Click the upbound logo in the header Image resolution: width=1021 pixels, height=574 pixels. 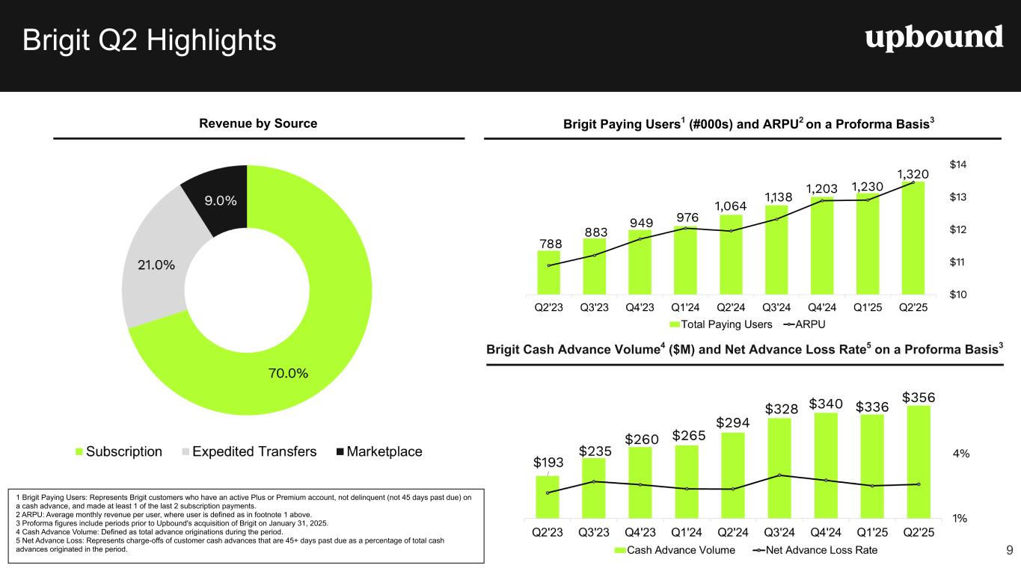933,37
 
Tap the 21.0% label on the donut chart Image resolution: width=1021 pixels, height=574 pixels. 155,265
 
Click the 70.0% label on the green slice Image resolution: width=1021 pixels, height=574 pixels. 288,373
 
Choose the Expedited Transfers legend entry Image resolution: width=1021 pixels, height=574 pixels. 251,451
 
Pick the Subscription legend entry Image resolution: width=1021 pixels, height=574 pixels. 119,451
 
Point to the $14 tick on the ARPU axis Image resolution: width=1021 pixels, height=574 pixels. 958,164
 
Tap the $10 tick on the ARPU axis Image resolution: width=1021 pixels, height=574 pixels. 958,294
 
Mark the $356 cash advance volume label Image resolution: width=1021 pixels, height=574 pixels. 918,396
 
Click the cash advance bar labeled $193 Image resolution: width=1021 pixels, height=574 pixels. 548,496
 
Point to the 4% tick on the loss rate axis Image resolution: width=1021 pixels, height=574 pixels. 961,453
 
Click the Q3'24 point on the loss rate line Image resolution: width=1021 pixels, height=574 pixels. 779,475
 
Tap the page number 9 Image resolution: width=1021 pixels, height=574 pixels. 1009,551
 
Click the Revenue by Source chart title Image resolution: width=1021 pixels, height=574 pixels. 258,123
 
